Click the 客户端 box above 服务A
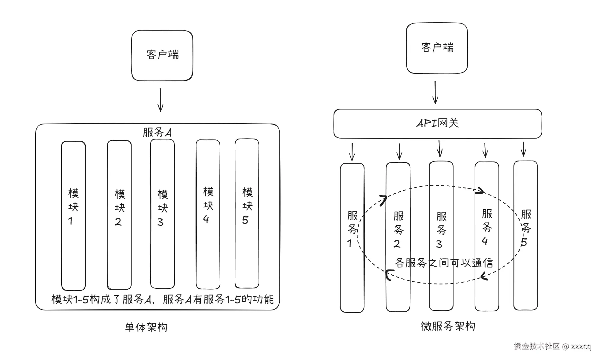pyautogui.click(x=162, y=55)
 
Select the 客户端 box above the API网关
pyautogui.click(x=437, y=48)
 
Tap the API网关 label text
pyautogui.click(x=438, y=123)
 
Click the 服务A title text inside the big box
pyautogui.click(x=157, y=132)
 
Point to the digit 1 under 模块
pyautogui.click(x=70, y=221)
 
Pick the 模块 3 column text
pyautogui.click(x=162, y=208)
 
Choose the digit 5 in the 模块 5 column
pyautogui.click(x=245, y=220)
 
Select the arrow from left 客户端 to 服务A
pyautogui.click(x=160, y=100)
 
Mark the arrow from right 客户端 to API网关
pyautogui.click(x=435, y=92)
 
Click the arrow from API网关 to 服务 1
pyautogui.click(x=352, y=152)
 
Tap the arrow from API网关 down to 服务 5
pyautogui.click(x=523, y=149)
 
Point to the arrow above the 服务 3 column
pyautogui.click(x=440, y=148)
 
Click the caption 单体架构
pyautogui.click(x=146, y=328)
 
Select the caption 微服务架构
pyautogui.click(x=448, y=326)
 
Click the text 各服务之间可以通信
pyautogui.click(x=444, y=263)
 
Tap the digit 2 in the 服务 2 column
pyautogui.click(x=397, y=244)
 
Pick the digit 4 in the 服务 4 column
pyautogui.click(x=485, y=241)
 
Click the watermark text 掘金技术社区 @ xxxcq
pyautogui.click(x=553, y=346)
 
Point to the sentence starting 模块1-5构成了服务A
pyautogui.click(x=162, y=299)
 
